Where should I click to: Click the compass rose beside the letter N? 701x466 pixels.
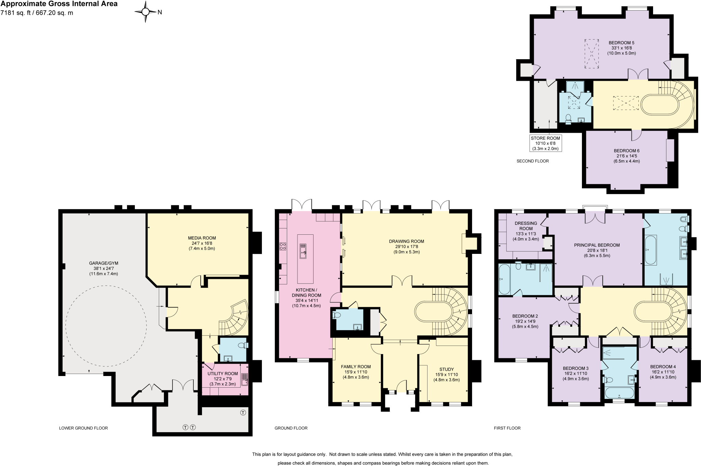145,12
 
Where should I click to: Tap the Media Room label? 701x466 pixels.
202,238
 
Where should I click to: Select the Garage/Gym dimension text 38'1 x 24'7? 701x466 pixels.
104,269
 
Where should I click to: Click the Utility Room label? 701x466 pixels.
222,374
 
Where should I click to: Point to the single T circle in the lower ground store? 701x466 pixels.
243,413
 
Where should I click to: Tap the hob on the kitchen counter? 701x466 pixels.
283,246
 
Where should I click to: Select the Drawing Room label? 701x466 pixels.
406,241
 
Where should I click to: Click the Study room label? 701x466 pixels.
446,369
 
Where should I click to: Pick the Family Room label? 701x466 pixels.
356,366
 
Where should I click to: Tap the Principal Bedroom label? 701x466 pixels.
597,245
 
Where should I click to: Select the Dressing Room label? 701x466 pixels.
526,226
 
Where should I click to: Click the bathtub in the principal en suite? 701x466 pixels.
650,250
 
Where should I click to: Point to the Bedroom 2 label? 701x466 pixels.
525,316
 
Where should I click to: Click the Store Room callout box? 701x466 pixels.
545,143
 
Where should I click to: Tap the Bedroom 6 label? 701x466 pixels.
626,151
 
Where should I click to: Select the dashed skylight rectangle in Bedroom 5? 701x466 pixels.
591,54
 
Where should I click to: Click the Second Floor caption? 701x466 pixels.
532,161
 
